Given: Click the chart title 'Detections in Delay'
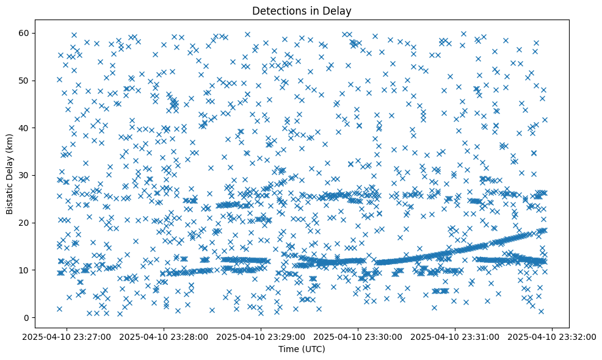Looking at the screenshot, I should tap(302, 10).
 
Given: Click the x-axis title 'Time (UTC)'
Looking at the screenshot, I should tap(302, 349).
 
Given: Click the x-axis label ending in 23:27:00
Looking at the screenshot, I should tap(67, 336).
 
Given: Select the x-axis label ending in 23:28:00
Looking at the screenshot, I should tap(164, 336).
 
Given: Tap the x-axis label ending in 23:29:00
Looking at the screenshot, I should tap(261, 336).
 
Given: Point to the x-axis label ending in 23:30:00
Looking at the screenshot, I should tap(358, 336).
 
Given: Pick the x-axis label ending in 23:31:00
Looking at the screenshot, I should tap(455, 336).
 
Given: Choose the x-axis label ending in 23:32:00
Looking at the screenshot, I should tap(553, 336).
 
